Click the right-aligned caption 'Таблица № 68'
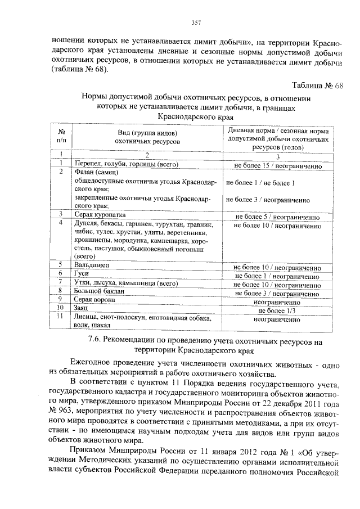[317, 85]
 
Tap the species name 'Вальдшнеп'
[92, 265]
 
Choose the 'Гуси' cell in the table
[82, 274]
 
